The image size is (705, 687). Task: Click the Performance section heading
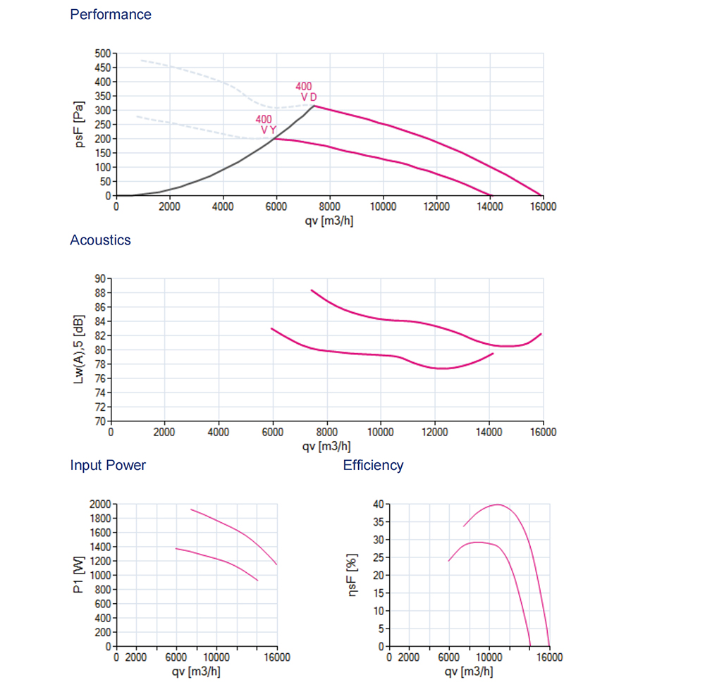click(111, 15)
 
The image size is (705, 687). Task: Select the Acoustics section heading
click(100, 240)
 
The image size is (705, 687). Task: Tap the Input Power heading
click(108, 466)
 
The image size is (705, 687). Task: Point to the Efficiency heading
click(373, 466)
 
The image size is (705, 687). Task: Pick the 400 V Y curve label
click(266, 125)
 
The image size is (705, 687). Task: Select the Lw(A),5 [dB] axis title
click(80, 350)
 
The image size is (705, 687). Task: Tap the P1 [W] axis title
click(80, 576)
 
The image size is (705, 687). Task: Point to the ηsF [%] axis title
click(352, 576)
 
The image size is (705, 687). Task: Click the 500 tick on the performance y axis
click(103, 54)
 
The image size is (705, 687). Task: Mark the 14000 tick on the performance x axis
click(490, 206)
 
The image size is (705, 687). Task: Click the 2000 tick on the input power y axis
click(101, 505)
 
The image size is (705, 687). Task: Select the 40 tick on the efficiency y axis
click(378, 505)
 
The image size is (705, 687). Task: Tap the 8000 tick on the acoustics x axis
click(326, 432)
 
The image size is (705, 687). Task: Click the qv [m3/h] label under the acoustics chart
click(326, 446)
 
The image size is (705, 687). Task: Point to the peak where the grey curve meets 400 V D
click(314, 106)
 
